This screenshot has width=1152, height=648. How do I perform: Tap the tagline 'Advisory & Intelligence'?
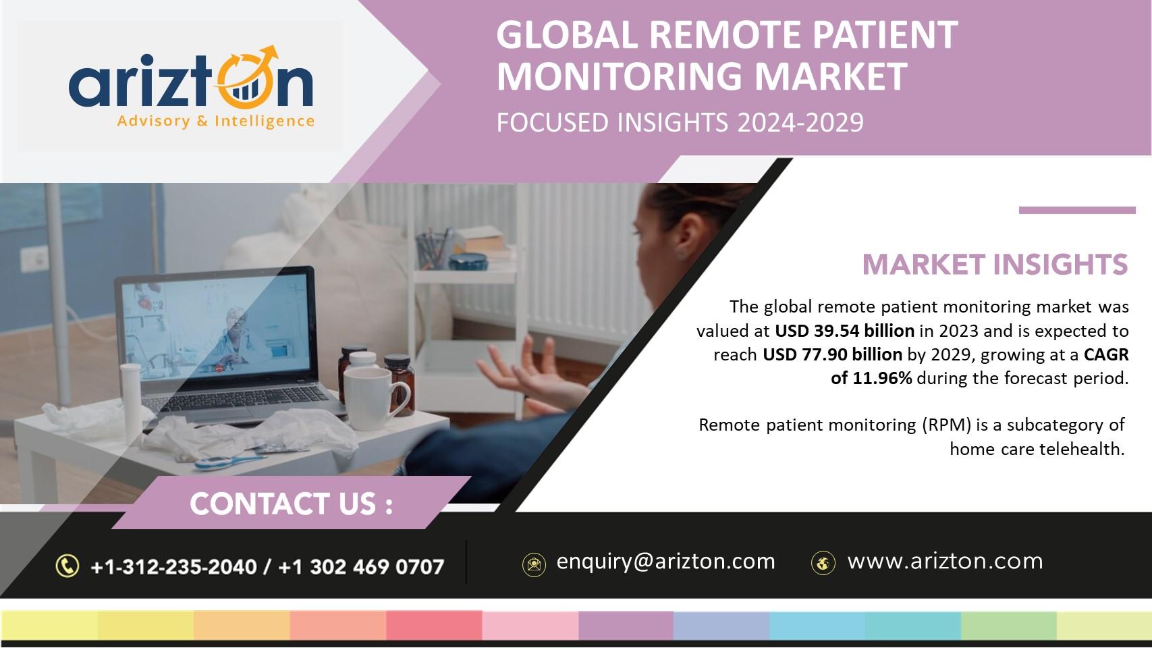[x=215, y=122]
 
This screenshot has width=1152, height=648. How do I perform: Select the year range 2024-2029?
[x=800, y=123]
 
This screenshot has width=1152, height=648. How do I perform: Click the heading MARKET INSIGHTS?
[x=995, y=265]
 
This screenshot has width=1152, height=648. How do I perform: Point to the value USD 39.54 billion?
[x=844, y=331]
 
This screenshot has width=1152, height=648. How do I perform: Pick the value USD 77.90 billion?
[x=832, y=354]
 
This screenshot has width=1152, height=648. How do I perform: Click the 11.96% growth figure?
[x=882, y=379]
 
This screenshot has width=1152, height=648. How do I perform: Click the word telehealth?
[x=1082, y=449]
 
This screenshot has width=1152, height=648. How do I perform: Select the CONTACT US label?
[x=291, y=504]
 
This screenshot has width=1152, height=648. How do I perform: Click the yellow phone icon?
[x=67, y=566]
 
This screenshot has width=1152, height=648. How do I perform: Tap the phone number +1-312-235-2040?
[x=173, y=567]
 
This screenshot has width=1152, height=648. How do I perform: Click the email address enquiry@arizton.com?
[x=665, y=561]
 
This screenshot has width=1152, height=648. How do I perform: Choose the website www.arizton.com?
[x=945, y=561]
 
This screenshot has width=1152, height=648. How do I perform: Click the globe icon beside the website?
[x=823, y=563]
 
